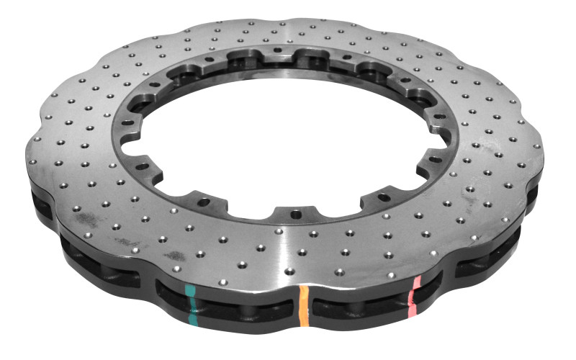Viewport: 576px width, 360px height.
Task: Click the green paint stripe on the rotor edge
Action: [190, 303]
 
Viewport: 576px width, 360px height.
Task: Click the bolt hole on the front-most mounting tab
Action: [294, 214]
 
